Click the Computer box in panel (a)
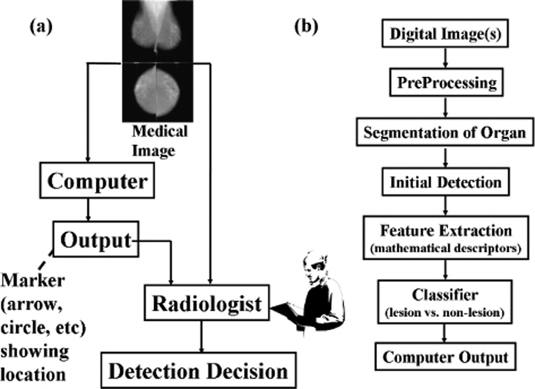pyautogui.click(x=97, y=181)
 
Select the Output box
pyautogui.click(x=95, y=240)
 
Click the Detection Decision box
pyautogui.click(x=198, y=371)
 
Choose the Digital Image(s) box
pyautogui.click(x=445, y=34)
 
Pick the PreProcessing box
pyautogui.click(x=446, y=83)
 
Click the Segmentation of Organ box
pyautogui.click(x=445, y=133)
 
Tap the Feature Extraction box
pyautogui.click(x=446, y=238)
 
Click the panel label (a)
pyautogui.click(x=41, y=27)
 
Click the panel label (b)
pyautogui.click(x=307, y=27)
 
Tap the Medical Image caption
pyautogui.click(x=159, y=141)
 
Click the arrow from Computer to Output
pyautogui.click(x=87, y=210)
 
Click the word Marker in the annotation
pyautogui.click(x=33, y=281)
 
